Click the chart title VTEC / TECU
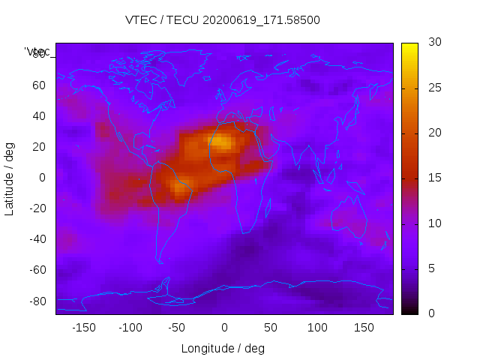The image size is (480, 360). [x=223, y=20]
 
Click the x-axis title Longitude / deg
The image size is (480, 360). [x=223, y=348]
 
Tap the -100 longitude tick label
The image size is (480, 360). [x=130, y=328]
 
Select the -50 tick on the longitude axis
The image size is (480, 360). [x=177, y=328]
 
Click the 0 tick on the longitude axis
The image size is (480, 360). [x=223, y=328]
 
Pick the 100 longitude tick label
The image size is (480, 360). [x=317, y=328]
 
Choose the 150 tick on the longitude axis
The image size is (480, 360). [x=364, y=328]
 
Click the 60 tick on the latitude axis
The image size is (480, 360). [x=39, y=85]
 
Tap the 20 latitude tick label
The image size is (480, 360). [x=39, y=146]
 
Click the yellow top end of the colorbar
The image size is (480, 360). [x=409, y=47]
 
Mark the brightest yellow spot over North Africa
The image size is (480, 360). [x=223, y=142]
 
